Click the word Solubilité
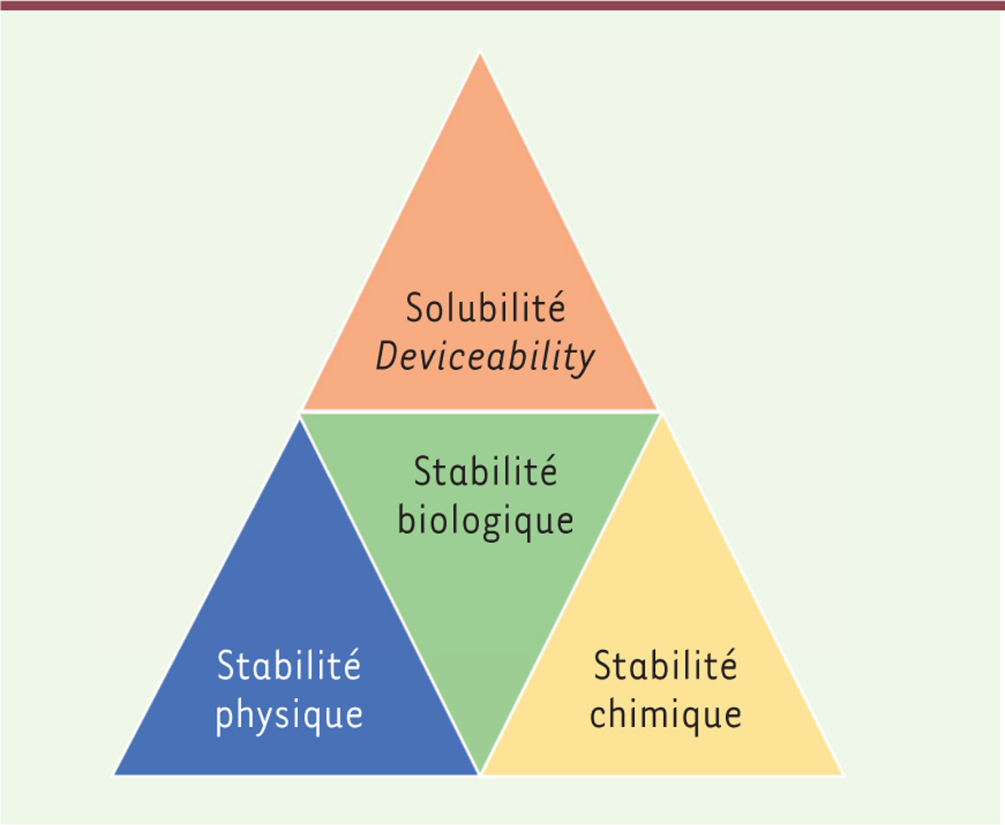tap(486, 307)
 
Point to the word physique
tap(289, 716)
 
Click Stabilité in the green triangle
tap(486, 471)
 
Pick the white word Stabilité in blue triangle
tap(289, 665)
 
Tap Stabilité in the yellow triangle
tap(666, 665)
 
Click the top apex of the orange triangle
tap(480, 54)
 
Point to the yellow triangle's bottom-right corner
tap(843, 775)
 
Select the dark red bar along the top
tap(502, 5)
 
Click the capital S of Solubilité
tap(415, 308)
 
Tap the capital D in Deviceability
tap(388, 356)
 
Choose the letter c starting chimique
tap(598, 716)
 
